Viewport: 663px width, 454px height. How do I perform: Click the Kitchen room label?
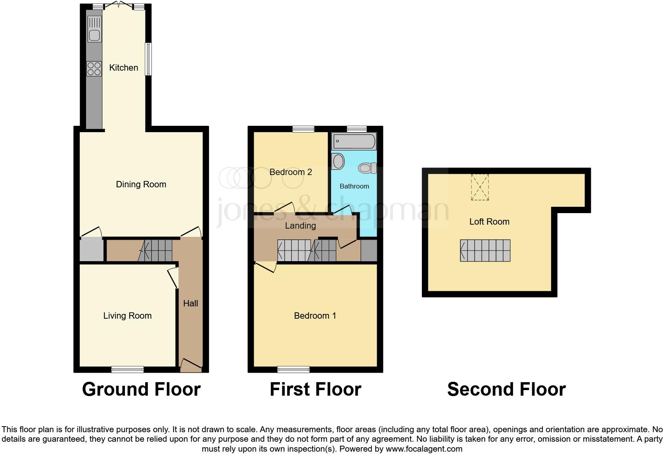point(124,67)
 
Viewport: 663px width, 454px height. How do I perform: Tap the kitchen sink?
point(94,35)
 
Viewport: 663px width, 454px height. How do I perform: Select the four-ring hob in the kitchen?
point(94,69)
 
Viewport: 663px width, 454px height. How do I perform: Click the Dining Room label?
point(141,184)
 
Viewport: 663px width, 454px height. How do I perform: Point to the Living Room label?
point(127,315)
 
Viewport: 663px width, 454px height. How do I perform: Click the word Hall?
point(190,303)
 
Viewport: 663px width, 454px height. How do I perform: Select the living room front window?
point(127,369)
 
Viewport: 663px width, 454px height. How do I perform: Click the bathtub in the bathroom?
point(354,141)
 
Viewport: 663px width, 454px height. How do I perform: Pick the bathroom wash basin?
point(338,162)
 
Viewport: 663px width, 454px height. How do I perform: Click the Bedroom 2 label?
point(291,172)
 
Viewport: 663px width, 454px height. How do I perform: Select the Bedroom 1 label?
point(315,315)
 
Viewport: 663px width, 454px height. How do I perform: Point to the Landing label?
point(300,225)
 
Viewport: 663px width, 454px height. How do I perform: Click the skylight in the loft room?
point(480,187)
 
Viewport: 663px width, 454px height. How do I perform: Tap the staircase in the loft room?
point(485,250)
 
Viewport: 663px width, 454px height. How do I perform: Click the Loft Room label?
point(489,221)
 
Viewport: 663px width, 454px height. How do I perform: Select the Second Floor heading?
point(506,389)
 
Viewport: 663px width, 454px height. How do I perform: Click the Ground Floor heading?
point(141,389)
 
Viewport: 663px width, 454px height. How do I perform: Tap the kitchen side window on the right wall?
point(148,59)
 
